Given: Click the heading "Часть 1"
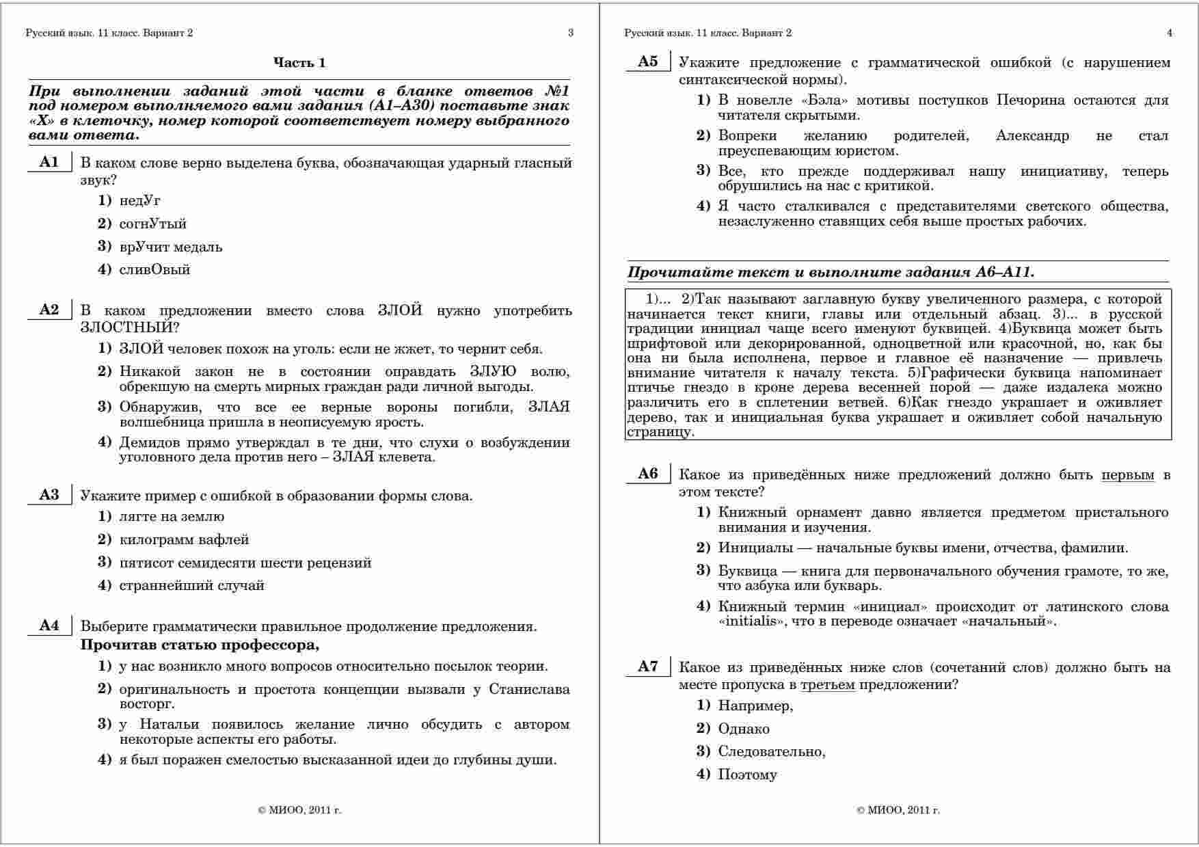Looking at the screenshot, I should (299, 63).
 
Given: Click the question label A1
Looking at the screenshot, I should (49, 163).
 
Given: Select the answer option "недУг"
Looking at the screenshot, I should (139, 201).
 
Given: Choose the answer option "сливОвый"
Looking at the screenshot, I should (154, 270).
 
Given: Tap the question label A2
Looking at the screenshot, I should (49, 310).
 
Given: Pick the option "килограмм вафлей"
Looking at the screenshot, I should (184, 540).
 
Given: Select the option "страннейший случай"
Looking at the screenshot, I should (191, 586).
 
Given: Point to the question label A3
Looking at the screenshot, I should (49, 495).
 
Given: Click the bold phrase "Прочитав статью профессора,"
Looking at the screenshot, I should (200, 645).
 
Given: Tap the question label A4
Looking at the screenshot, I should (49, 626).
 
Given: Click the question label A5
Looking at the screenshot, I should (648, 62).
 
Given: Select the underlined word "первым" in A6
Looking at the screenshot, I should (1127, 475).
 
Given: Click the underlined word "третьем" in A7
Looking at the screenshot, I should (827, 684).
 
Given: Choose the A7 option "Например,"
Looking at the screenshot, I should (755, 706).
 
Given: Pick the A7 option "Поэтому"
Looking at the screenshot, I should (747, 775).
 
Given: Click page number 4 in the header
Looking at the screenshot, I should (1170, 33).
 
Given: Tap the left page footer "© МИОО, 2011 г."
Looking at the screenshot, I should (299, 811).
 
